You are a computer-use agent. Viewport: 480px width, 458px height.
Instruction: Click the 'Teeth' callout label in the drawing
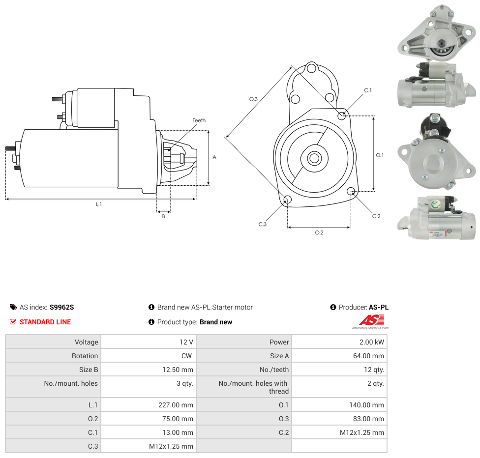click(x=199, y=120)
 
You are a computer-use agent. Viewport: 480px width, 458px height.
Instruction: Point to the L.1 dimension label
click(x=99, y=204)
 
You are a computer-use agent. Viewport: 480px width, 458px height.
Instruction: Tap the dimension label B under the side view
click(x=163, y=216)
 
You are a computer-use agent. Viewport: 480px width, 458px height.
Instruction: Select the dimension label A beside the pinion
click(x=214, y=157)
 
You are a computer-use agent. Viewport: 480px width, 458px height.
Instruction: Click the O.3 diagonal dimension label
click(x=253, y=99)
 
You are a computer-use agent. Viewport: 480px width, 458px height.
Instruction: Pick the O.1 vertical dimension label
click(x=380, y=155)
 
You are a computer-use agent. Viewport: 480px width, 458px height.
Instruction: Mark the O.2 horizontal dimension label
click(x=319, y=232)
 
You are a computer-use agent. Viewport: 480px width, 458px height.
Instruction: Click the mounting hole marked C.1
click(x=342, y=115)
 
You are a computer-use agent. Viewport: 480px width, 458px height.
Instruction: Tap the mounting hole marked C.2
click(x=351, y=191)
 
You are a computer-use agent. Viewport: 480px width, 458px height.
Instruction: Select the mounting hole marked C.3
click(x=288, y=200)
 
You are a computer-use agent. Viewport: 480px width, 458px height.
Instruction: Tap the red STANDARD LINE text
click(x=45, y=322)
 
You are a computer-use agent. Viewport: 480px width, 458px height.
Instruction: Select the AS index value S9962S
click(x=61, y=307)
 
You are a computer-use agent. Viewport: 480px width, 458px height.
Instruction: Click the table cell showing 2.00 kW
click(x=372, y=342)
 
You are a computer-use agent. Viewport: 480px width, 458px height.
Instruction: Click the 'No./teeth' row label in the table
click(x=274, y=370)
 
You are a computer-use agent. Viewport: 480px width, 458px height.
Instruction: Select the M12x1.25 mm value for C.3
click(x=171, y=446)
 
